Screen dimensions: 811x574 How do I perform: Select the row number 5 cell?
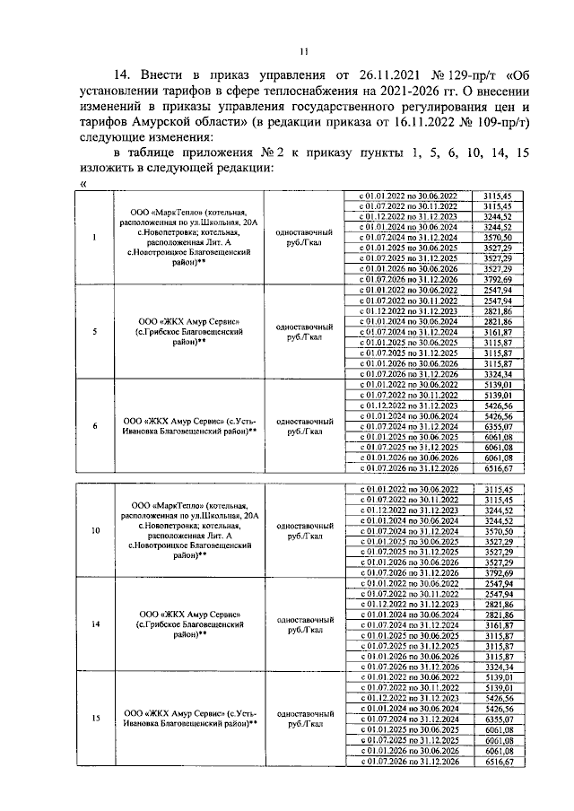[x=96, y=331]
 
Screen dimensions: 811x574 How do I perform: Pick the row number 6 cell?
[x=96, y=425]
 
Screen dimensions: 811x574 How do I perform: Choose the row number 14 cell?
[x=96, y=624]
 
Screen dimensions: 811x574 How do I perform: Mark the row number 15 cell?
[x=96, y=718]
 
